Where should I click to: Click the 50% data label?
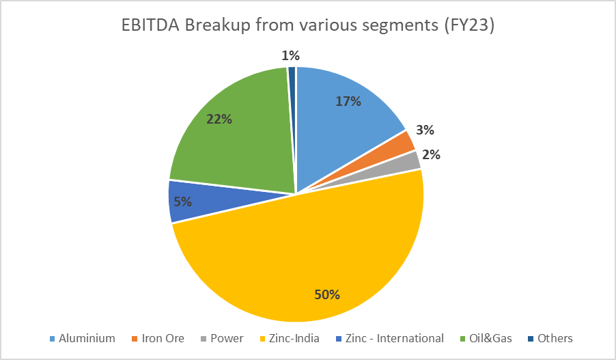[328, 295]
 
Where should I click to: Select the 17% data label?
[348, 101]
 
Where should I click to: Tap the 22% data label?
[219, 119]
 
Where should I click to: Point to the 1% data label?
[292, 55]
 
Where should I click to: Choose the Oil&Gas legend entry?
[488, 338]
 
